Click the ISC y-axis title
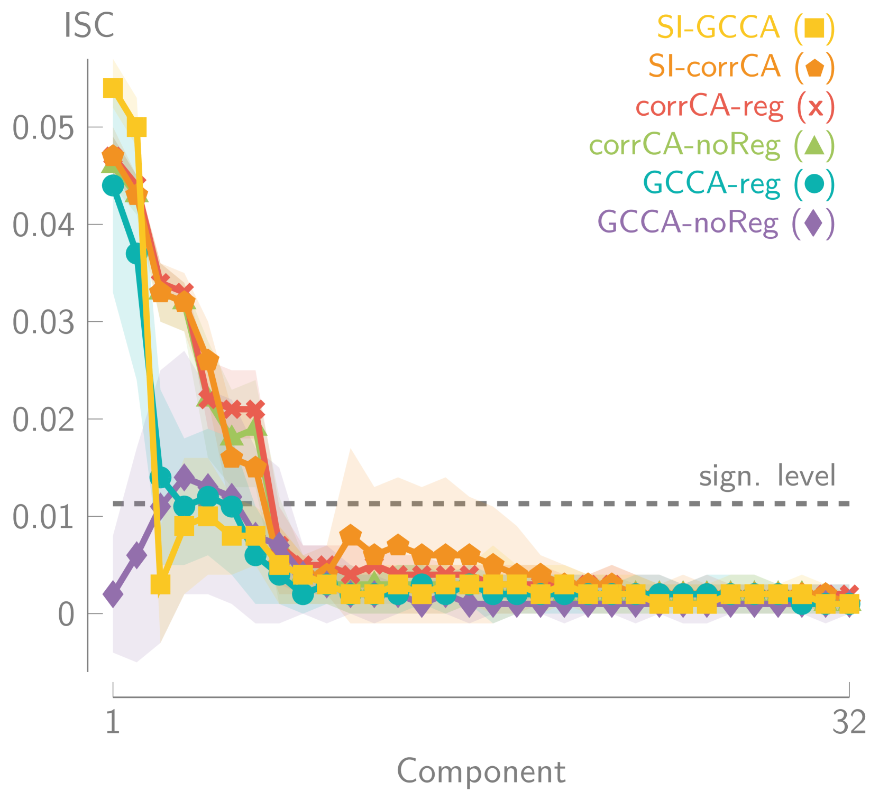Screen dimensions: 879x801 pyautogui.click(x=89, y=25)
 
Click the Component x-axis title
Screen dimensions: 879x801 pyautogui.click(x=481, y=771)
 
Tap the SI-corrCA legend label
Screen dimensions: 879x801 pyautogui.click(x=715, y=66)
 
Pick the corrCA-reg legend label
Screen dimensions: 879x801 pyautogui.click(x=709, y=106)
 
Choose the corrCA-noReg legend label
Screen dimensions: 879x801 pyautogui.click(x=685, y=145)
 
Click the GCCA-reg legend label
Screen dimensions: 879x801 pyautogui.click(x=711, y=183)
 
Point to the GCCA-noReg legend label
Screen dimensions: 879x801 pyautogui.click(x=688, y=222)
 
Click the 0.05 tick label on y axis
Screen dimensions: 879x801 pyautogui.click(x=43, y=127)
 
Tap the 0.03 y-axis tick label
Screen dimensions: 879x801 pyautogui.click(x=43, y=322)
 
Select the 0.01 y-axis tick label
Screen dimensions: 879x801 pyautogui.click(x=43, y=517)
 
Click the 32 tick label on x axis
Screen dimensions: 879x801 pyautogui.click(x=849, y=722)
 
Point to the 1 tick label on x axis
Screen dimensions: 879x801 pyautogui.click(x=113, y=722)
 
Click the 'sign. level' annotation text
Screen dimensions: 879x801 pyautogui.click(x=767, y=476)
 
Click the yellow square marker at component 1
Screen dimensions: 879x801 pyautogui.click(x=113, y=88)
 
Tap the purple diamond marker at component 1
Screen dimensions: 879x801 pyautogui.click(x=113, y=594)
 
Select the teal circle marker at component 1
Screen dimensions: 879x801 pyautogui.click(x=113, y=185)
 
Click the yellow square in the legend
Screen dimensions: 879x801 pyautogui.click(x=814, y=28)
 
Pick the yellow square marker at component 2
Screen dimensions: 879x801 pyautogui.click(x=137, y=127)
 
